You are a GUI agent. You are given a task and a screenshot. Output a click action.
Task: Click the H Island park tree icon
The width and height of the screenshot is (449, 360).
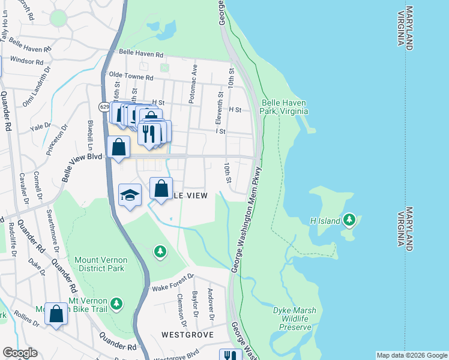[349, 220]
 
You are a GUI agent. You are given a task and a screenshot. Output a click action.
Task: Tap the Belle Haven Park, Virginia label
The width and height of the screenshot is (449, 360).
[285, 107]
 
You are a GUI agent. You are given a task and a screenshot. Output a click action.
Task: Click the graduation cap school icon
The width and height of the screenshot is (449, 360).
[130, 195]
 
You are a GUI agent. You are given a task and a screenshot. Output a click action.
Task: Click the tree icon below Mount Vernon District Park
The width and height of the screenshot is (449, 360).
[160, 251]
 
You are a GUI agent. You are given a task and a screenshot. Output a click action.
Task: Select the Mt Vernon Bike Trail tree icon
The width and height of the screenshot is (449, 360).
[117, 304]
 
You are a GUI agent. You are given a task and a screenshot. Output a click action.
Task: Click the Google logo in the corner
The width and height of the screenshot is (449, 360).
[19, 353]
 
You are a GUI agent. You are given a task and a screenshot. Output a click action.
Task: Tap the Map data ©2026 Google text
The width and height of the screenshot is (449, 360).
[412, 355]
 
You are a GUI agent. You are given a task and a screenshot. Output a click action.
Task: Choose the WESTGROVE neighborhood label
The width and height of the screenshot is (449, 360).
[187, 334]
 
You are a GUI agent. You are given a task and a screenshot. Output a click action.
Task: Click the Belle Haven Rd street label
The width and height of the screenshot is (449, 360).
[141, 54]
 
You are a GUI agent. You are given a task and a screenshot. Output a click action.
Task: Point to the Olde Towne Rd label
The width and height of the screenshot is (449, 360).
[130, 77]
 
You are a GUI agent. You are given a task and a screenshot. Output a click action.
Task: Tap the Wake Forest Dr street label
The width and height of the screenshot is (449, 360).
[173, 280]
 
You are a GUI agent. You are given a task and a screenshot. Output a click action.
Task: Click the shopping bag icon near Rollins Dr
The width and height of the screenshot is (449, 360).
[56, 314]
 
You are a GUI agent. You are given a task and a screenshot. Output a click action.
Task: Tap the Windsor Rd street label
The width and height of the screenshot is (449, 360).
[26, 61]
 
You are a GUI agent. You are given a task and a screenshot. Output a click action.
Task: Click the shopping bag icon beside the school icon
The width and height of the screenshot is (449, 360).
[161, 189]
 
